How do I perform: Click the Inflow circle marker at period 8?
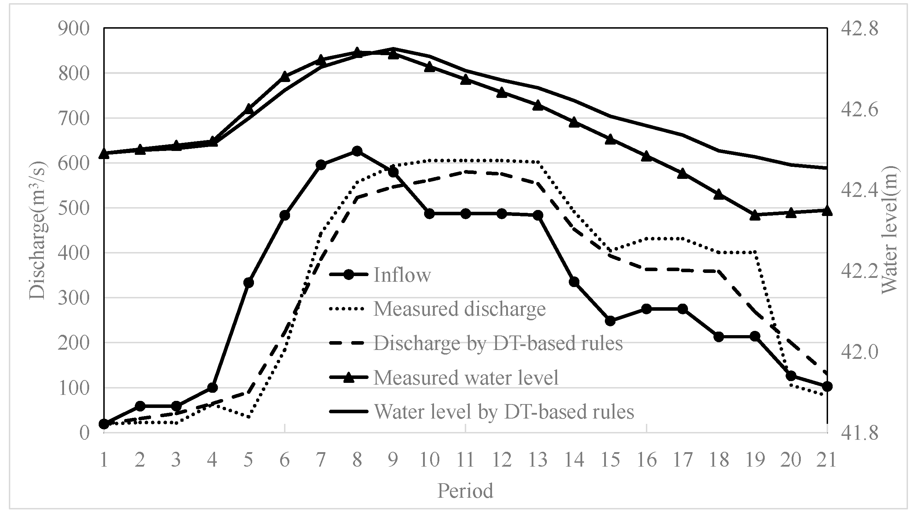tap(357, 151)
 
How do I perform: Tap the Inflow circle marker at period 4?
tap(212, 387)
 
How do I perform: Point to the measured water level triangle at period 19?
tap(755, 215)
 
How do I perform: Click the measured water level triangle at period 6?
tap(284, 76)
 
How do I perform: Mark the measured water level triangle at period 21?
tap(827, 210)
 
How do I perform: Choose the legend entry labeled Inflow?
tap(402, 275)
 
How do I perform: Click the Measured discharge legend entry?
tap(459, 309)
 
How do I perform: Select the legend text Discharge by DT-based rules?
tap(498, 343)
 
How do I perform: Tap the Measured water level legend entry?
tap(465, 378)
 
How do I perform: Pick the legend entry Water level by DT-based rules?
tap(504, 412)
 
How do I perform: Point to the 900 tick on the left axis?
tap(74, 29)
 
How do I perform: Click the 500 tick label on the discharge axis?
tap(74, 208)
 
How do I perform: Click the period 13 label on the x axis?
tap(538, 460)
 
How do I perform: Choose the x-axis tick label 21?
tap(827, 460)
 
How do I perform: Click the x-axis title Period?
tap(465, 491)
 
